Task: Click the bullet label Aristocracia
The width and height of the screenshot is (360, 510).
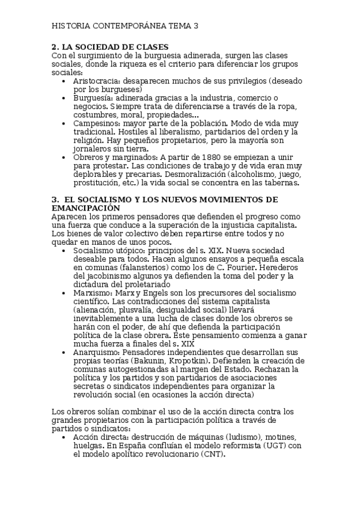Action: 96,81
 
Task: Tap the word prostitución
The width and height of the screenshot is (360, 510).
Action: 100,183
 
